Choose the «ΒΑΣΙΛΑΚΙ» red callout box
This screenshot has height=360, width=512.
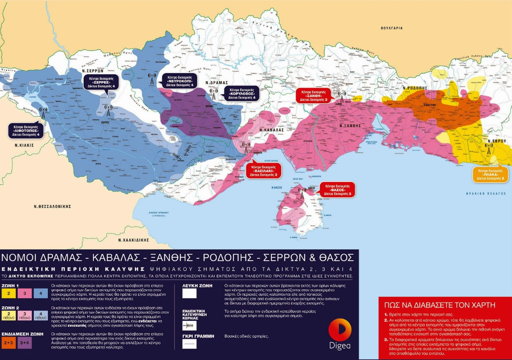pyautogui.click(x=264, y=171)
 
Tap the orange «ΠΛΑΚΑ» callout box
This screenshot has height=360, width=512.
pyautogui.click(x=490, y=174)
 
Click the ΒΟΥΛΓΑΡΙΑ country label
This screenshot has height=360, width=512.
pyautogui.click(x=391, y=28)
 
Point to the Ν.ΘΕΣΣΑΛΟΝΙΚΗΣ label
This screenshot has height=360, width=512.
pyautogui.click(x=52, y=206)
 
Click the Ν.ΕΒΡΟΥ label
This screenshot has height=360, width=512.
pyautogui.click(x=496, y=141)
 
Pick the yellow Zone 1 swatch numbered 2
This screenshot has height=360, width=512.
pyautogui.click(x=8, y=293)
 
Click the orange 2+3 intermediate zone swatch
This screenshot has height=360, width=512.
pyautogui.click(x=8, y=343)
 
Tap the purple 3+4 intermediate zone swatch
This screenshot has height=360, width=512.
pyautogui.click(x=24, y=343)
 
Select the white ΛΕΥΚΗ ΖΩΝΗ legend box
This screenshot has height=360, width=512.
pyautogui.click(x=189, y=293)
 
